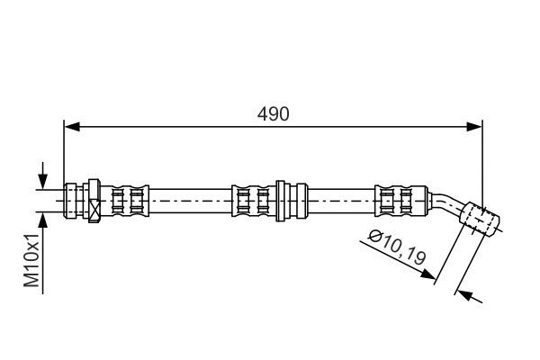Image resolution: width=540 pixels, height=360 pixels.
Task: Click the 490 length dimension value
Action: coord(273,114)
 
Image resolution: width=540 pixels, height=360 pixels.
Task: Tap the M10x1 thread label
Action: coord(31,260)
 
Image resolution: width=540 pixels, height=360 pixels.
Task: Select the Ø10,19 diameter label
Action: coord(397,247)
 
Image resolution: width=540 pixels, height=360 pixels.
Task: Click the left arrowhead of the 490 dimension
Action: coord(72,127)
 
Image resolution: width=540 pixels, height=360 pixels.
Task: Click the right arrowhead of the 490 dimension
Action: coord(474,127)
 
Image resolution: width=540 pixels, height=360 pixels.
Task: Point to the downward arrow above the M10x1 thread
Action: coord(42,175)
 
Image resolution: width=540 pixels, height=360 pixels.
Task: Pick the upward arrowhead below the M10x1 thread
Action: coord(42,220)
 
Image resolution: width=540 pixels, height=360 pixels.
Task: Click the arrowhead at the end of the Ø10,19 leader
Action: coord(428,274)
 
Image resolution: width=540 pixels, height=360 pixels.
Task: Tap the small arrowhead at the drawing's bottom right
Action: coord(465,295)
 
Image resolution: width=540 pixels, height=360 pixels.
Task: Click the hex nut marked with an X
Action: coord(94,201)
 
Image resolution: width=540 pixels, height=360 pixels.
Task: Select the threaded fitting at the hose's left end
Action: coord(74,201)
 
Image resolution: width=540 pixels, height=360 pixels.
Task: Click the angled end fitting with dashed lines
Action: coord(480,220)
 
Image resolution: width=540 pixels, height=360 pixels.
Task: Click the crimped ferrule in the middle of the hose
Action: coord(254,201)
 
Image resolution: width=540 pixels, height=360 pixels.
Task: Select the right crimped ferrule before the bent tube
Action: coord(401,201)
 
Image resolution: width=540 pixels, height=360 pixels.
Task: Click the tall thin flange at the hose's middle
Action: coord(280,201)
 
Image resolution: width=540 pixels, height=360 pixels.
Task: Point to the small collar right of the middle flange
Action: coord(301,201)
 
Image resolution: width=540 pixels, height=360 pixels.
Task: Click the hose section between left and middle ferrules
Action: coord(191,201)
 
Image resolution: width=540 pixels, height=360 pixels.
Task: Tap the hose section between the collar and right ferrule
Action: coord(341,201)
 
